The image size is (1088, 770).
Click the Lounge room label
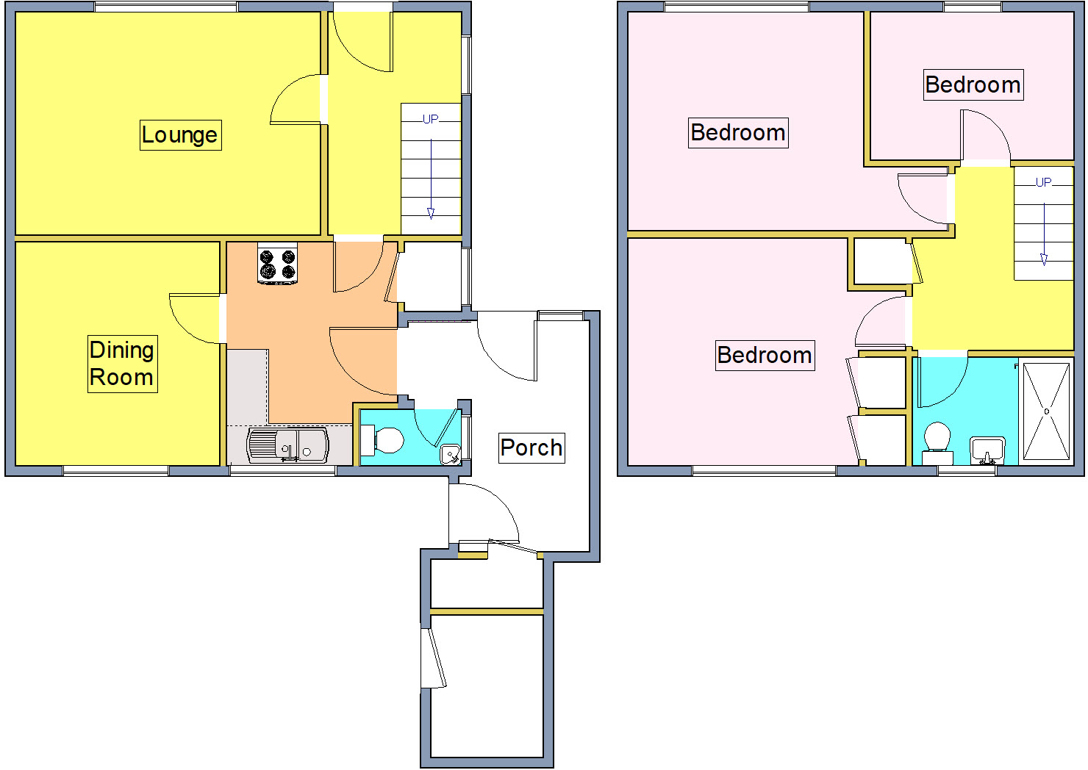pyautogui.click(x=180, y=135)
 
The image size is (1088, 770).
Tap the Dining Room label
pyautogui.click(x=122, y=364)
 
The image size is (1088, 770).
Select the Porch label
pyautogui.click(x=532, y=447)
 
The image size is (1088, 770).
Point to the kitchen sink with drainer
pyautogui.click(x=288, y=445)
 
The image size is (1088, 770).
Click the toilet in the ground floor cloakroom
pyautogui.click(x=385, y=440)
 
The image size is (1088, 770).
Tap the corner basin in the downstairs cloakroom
pyautogui.click(x=451, y=455)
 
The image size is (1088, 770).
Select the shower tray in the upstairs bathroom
pyautogui.click(x=1046, y=411)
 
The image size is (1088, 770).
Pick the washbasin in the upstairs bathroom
pyautogui.click(x=987, y=449)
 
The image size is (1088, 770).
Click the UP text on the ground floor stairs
pyautogui.click(x=431, y=119)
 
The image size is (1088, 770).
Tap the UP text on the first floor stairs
pyautogui.click(x=1043, y=182)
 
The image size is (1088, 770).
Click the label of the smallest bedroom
pyautogui.click(x=973, y=85)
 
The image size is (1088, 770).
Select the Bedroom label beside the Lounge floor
pyautogui.click(x=738, y=133)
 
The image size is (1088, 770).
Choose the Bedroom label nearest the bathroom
pyautogui.click(x=765, y=356)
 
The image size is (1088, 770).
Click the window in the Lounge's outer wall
pyautogui.click(x=165, y=7)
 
